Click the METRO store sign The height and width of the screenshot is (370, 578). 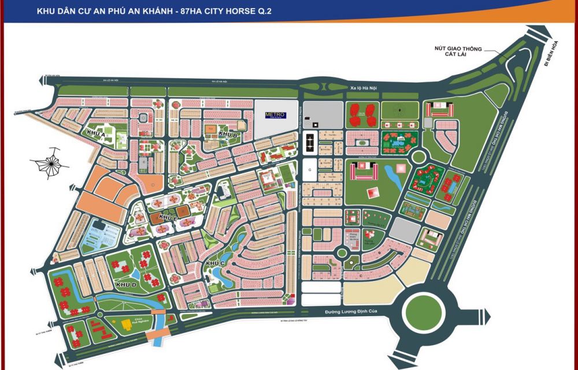tap(275, 114)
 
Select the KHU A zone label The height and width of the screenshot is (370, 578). tap(96, 134)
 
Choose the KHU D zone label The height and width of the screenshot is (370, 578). tap(125, 285)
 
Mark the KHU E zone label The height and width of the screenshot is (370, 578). tap(168, 217)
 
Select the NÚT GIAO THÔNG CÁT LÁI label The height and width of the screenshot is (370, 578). tap(460, 52)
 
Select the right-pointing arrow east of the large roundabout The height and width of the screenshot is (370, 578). tap(487, 316)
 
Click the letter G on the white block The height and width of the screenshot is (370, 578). tap(310, 169)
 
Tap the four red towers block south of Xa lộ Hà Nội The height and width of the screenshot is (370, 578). tap(362, 113)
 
